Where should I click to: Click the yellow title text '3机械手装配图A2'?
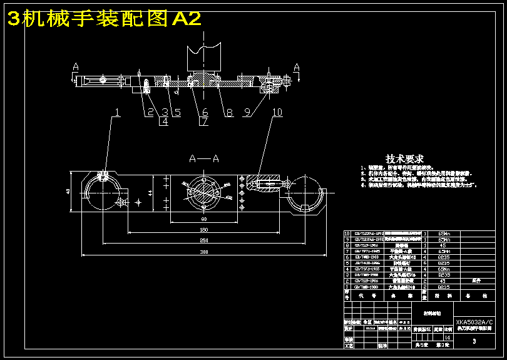(104, 19)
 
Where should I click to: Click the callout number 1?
(116, 113)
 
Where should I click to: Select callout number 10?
(277, 113)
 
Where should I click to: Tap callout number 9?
(247, 113)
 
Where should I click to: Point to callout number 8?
(229, 113)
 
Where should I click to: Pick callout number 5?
(178, 113)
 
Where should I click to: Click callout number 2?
(150, 113)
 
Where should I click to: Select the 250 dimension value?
(204, 240)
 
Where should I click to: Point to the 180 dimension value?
(204, 230)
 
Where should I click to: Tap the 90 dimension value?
(204, 220)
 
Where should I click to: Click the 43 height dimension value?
(68, 192)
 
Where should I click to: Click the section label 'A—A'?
(205, 160)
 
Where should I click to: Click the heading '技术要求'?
(404, 159)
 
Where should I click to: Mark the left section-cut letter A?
(76, 65)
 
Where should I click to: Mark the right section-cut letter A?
(297, 66)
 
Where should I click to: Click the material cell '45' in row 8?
(443, 245)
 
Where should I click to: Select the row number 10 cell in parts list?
(347, 234)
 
